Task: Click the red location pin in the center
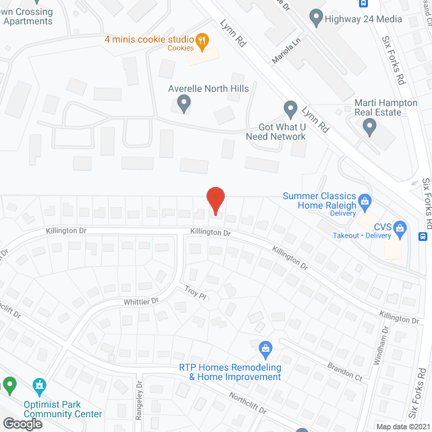(x=215, y=200)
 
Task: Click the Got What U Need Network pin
(x=290, y=109)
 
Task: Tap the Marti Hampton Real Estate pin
(x=369, y=126)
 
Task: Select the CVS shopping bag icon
(x=400, y=228)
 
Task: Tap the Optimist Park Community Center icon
(x=39, y=386)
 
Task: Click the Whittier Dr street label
(x=140, y=301)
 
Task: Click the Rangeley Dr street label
(x=139, y=400)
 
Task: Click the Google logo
(x=22, y=423)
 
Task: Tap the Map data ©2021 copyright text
(x=402, y=427)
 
